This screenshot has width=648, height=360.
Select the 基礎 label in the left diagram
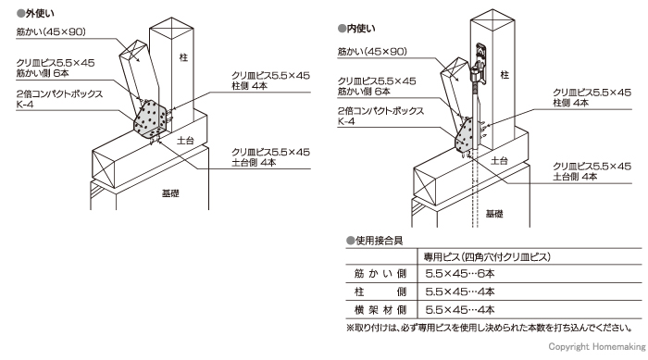click(x=170, y=193)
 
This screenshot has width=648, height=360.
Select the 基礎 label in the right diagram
click(x=493, y=214)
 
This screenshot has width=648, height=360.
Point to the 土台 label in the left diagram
click(x=184, y=140)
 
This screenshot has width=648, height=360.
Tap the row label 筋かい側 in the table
click(x=380, y=275)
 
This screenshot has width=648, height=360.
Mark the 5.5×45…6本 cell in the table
click(x=460, y=275)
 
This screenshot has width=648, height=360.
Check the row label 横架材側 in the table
click(x=380, y=310)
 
